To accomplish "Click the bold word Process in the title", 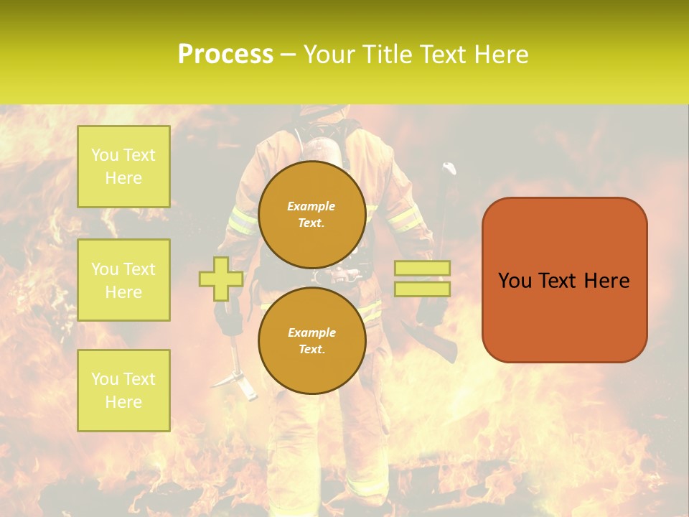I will tap(225, 55).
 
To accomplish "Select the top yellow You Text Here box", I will tap(123, 167).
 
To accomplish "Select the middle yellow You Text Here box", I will tap(123, 280).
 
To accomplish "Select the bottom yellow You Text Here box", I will tap(123, 390).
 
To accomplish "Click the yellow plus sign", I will tap(221, 279).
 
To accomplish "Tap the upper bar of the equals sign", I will tap(422, 269).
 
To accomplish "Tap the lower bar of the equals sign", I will tap(422, 289).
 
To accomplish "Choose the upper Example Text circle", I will tap(311, 214).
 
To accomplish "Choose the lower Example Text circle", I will tap(311, 340).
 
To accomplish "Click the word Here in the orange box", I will tap(606, 281).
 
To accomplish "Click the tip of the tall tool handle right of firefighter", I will tap(449, 169).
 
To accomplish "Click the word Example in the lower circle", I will tap(311, 332).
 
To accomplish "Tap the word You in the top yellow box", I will tap(105, 155).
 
